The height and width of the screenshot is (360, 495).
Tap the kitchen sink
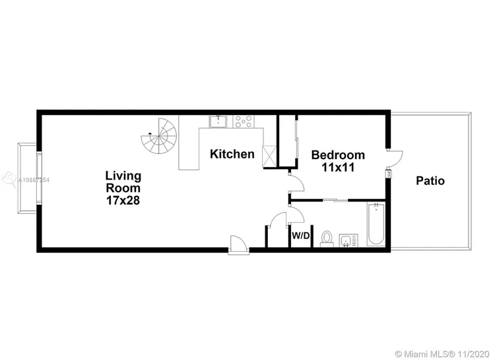point(218,121)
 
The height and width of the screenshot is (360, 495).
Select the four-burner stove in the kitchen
point(243,121)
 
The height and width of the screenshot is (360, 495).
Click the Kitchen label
point(232,154)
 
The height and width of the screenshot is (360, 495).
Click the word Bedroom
point(337,155)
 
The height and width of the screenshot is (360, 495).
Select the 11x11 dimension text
point(337,167)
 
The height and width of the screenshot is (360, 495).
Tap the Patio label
point(430,180)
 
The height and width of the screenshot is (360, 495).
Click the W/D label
point(301,236)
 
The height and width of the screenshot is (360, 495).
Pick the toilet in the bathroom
point(325,238)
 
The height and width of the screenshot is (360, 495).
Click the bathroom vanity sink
point(346,240)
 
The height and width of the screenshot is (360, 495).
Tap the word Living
point(123,175)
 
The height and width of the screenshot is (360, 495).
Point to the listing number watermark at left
point(26,180)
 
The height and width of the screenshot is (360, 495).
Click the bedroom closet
point(288,141)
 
